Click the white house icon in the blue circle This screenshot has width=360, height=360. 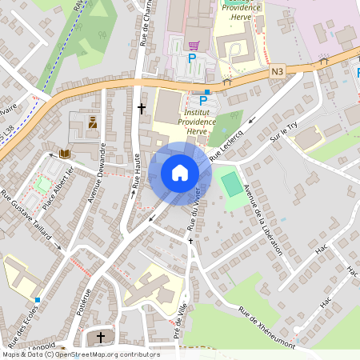pos(180,173)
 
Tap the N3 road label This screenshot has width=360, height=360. pos(278,71)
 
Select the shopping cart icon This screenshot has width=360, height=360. pos(193,46)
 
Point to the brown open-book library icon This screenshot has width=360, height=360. pos(65,154)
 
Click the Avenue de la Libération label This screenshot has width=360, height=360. pos(262,218)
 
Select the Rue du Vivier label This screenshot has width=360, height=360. pos(194,210)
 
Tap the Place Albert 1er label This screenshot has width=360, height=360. pos(58,189)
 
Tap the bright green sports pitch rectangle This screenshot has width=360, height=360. pos(231,184)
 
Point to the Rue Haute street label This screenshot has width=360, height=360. pos(136,171)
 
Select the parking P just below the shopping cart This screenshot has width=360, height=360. pos(191,58)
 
